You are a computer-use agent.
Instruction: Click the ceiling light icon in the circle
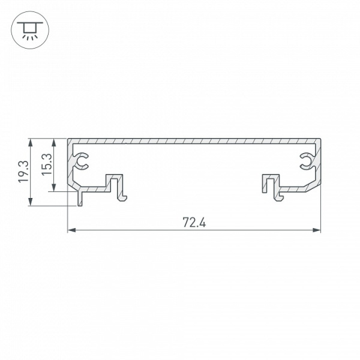pyautogui.click(x=27, y=28)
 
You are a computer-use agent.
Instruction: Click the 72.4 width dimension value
pyautogui.click(x=194, y=223)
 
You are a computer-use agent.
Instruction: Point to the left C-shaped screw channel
pyautogui.click(x=82, y=160)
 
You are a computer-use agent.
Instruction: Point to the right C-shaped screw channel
pyautogui.click(x=306, y=160)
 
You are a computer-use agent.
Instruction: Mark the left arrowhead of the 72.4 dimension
pyautogui.click(x=70, y=230)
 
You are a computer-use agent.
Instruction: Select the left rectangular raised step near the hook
pyautogui.click(x=111, y=180)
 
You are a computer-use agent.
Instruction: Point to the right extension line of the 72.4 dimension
pyautogui.click(x=321, y=210)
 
